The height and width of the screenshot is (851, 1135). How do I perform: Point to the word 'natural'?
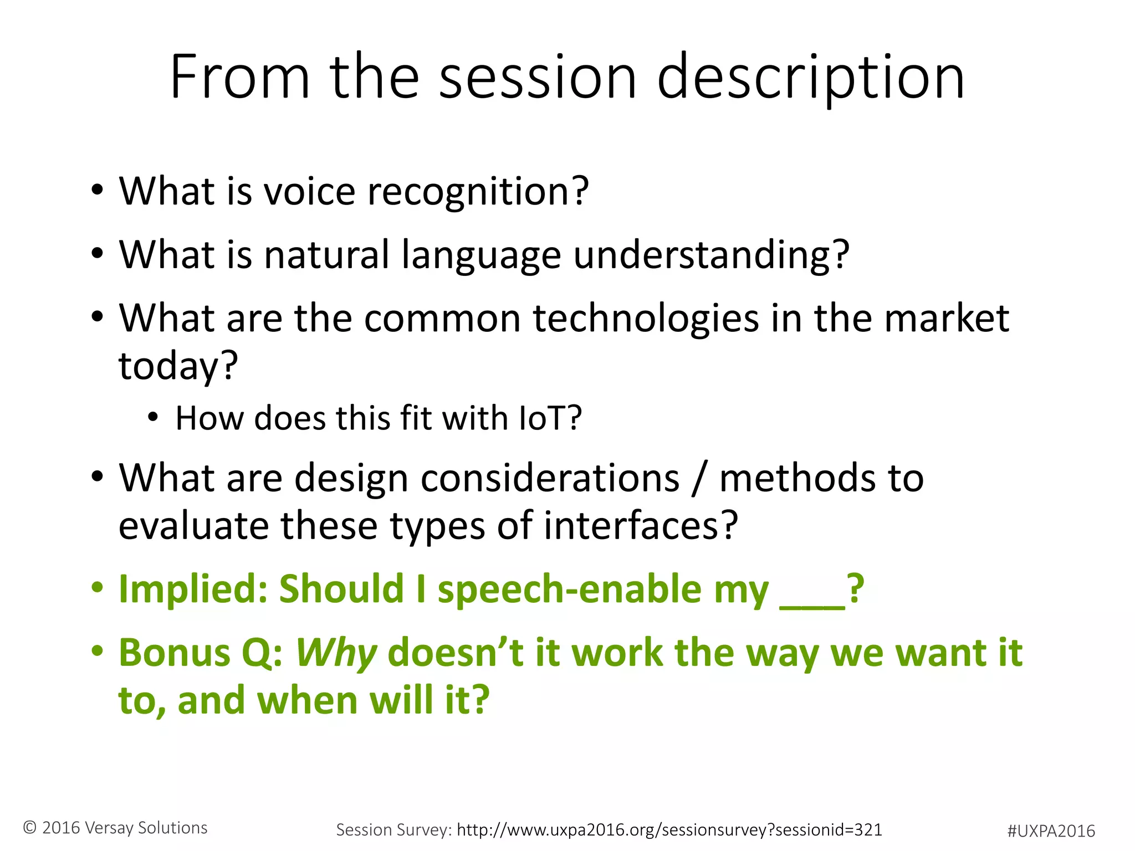[326, 255]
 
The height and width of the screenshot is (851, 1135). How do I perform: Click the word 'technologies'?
[646, 319]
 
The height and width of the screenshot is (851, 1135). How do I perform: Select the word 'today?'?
[178, 366]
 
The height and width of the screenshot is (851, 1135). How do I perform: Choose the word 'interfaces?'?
[641, 525]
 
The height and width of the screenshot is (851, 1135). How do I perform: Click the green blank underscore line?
[812, 607]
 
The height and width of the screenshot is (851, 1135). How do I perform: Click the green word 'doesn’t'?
[455, 653]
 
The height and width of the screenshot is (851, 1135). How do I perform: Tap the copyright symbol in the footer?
[30, 828]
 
